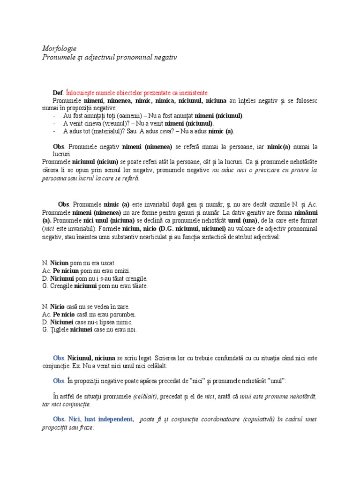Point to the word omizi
tap(121, 270)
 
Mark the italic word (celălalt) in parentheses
tap(145, 397)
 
